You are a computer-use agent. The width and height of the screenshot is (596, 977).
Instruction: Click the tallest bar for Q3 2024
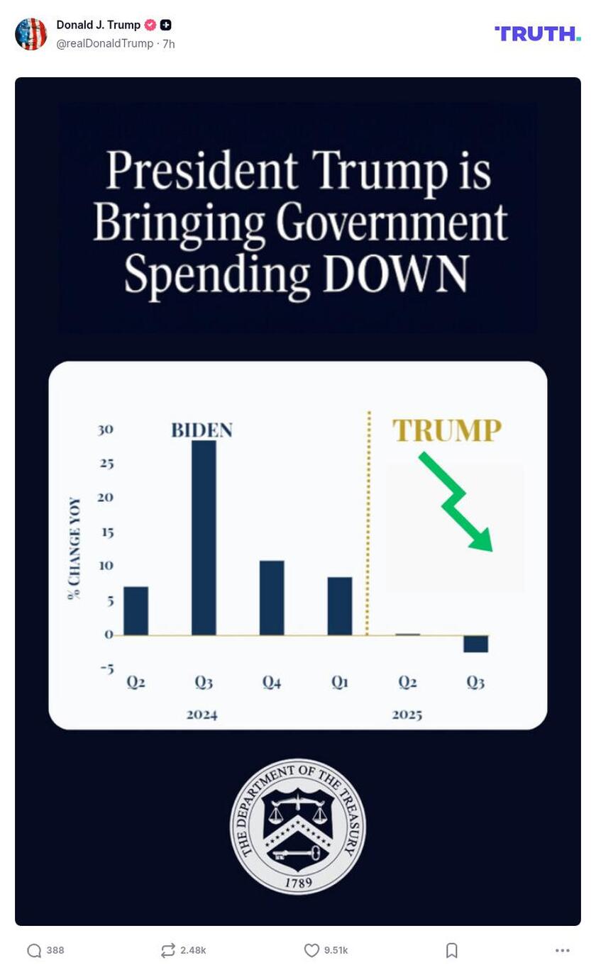pyautogui.click(x=204, y=537)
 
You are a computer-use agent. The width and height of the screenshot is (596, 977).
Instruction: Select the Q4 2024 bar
pyautogui.click(x=272, y=598)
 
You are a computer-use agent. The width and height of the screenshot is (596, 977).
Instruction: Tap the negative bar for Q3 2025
pyautogui.click(x=475, y=644)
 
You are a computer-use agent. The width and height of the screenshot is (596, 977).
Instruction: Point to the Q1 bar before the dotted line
pyautogui.click(x=340, y=606)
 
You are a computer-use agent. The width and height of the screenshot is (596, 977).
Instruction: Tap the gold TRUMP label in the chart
pyautogui.click(x=447, y=430)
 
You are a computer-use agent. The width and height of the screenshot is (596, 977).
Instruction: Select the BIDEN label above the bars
pyautogui.click(x=202, y=430)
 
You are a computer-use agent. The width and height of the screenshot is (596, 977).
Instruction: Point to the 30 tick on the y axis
pyautogui.click(x=106, y=430)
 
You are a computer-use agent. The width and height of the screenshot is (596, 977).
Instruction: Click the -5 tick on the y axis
pyautogui.click(x=106, y=669)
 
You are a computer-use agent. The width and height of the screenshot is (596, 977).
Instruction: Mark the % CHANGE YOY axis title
pyautogui.click(x=74, y=548)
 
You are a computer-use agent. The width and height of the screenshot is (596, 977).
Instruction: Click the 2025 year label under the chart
pyautogui.click(x=407, y=715)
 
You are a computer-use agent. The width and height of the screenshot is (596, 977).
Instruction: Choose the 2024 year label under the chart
pyautogui.click(x=202, y=715)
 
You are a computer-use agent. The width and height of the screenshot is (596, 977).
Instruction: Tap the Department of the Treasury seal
pyautogui.click(x=298, y=827)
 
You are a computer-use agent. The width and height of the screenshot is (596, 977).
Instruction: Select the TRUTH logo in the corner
pyautogui.click(x=537, y=33)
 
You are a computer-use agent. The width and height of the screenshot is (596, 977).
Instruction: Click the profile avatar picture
pyautogui.click(x=31, y=34)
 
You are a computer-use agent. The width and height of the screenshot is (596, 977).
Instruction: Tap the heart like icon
pyautogui.click(x=311, y=950)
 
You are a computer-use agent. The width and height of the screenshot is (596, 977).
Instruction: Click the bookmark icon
pyautogui.click(x=452, y=950)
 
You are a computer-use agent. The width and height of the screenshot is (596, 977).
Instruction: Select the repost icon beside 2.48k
pyautogui.click(x=167, y=950)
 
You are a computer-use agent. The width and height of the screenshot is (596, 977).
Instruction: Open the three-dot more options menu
pyautogui.click(x=563, y=950)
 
